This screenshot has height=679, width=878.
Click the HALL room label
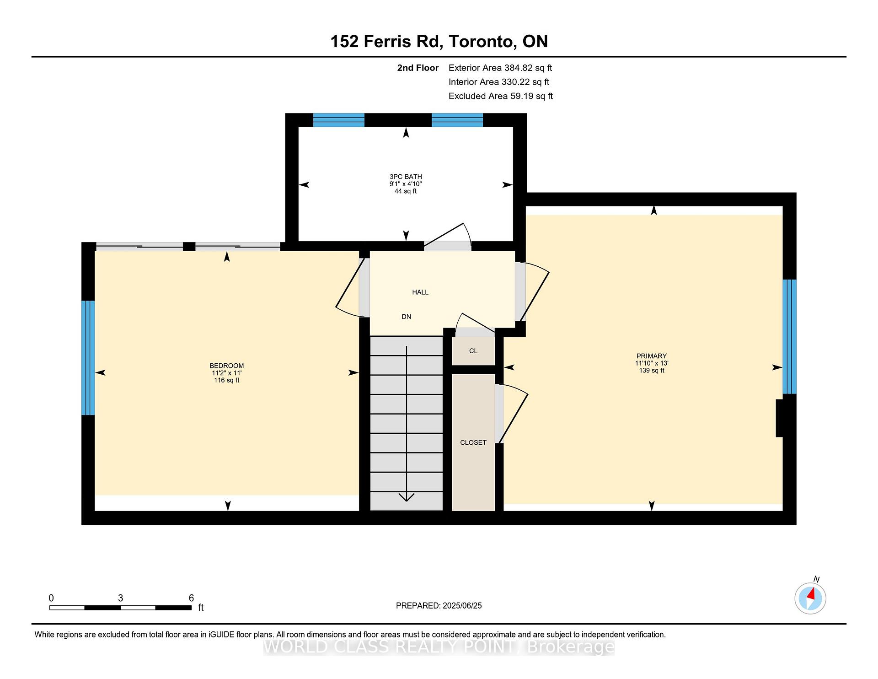point(420,292)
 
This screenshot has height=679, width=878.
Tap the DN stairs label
point(406,317)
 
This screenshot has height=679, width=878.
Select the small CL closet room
point(473,351)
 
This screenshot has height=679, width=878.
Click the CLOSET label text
point(473,442)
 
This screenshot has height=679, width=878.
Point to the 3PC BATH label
point(405,177)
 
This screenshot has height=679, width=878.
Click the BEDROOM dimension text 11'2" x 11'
point(226,373)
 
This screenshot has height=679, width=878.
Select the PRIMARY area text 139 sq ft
point(651,370)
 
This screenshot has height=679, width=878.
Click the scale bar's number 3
point(120,598)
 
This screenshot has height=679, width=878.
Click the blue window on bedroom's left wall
point(88,358)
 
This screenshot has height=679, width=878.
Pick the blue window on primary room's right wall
point(789,336)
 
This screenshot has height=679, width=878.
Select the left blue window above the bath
point(338,120)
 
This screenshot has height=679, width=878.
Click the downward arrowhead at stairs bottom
point(406,497)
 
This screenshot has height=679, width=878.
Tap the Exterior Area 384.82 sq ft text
point(500,68)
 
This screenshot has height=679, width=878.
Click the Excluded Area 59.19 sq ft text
point(500,96)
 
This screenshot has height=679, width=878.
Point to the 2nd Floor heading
point(418,68)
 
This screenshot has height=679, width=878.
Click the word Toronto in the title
point(482,41)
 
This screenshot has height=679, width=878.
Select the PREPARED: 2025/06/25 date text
point(439,605)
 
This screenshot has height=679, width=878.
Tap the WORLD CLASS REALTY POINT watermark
point(439,647)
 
